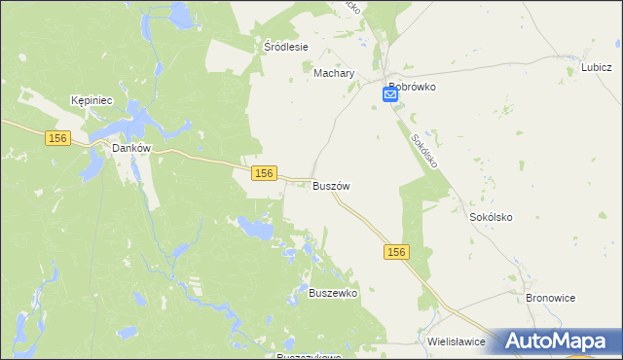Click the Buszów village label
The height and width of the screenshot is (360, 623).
pos(331,185)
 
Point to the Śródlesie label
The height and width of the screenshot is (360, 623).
pos(286,47)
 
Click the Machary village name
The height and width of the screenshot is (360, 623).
pos(334,73)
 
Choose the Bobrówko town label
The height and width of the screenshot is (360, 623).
pos(411,87)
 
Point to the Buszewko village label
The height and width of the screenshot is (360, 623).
pos(333,293)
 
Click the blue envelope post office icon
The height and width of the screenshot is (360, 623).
pos(390,93)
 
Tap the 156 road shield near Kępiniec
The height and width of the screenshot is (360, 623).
pos(56,139)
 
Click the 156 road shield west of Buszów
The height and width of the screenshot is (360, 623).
pos(262,172)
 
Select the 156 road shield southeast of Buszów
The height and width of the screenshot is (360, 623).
pos(395,252)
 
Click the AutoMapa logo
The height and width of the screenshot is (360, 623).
pos(560,342)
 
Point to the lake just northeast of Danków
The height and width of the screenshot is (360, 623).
pos(136,123)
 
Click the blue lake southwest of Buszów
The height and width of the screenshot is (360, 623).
pos(256,230)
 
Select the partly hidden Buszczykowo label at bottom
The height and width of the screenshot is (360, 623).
pos(309,356)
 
